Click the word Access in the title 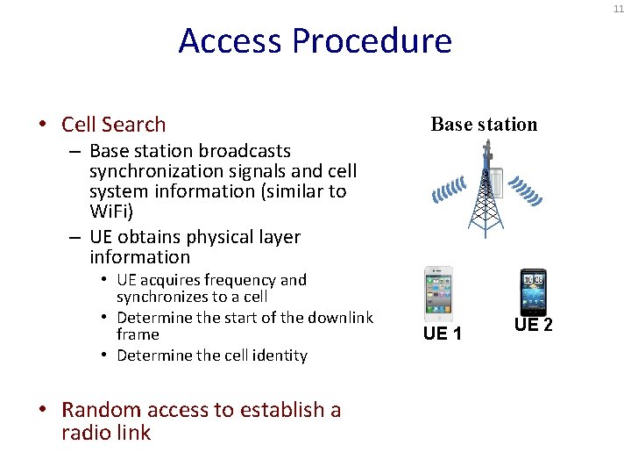tap(230, 41)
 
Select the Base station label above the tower tap(484, 124)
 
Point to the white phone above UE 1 tap(438, 292)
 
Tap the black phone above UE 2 tap(533, 291)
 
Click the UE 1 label tap(443, 334)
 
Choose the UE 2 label tap(534, 326)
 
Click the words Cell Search tap(114, 125)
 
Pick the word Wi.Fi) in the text tap(111, 212)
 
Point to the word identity tap(278, 355)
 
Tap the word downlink tap(341, 317)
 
